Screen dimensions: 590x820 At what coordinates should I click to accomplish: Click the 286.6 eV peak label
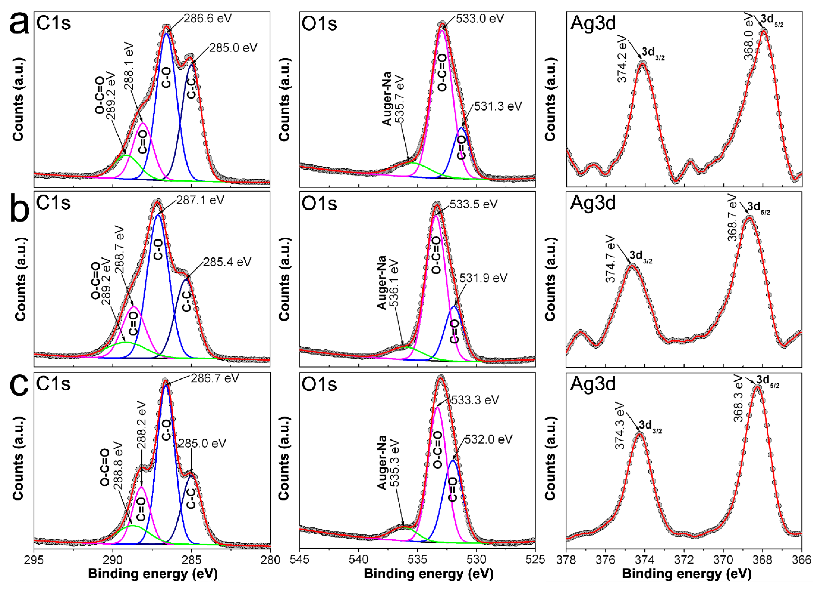click(x=208, y=18)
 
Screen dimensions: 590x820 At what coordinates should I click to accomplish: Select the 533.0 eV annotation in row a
click(x=479, y=18)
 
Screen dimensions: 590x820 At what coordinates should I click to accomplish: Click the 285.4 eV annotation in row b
click(x=227, y=262)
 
